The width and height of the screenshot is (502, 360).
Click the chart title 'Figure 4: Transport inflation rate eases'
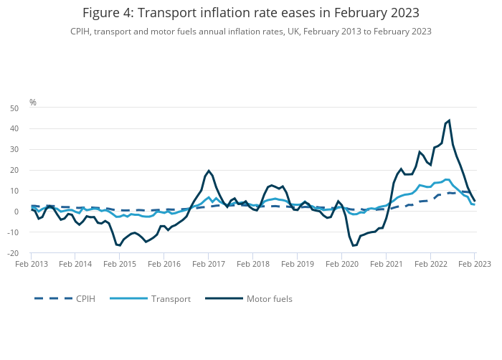pyautogui.click(x=250, y=13)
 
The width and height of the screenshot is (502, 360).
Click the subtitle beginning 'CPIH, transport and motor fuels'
pyautogui.click(x=250, y=32)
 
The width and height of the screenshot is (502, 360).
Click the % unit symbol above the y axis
pyautogui.click(x=33, y=103)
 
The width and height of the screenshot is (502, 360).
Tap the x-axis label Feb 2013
pyautogui.click(x=31, y=264)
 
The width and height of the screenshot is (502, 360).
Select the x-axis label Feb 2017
pyautogui.click(x=208, y=264)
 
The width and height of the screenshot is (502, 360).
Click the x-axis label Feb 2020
pyautogui.click(x=341, y=264)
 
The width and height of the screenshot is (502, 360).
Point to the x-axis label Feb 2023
pyautogui.click(x=475, y=264)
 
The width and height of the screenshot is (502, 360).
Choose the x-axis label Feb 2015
pyautogui.click(x=120, y=264)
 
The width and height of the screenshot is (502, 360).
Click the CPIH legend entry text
pyautogui.click(x=85, y=298)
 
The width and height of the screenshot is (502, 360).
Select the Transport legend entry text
pyautogui.click(x=171, y=298)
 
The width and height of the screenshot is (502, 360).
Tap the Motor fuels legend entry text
pyautogui.click(x=269, y=298)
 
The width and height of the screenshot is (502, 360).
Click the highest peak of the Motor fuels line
pyautogui.click(x=449, y=120)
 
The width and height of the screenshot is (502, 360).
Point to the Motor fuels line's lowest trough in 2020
pyautogui.click(x=353, y=246)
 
